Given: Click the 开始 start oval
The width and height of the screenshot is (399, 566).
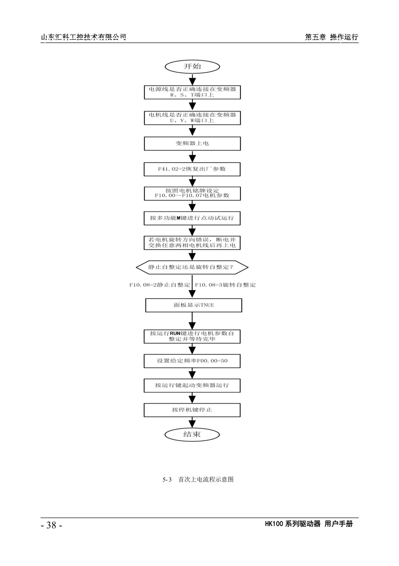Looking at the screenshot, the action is [x=192, y=67].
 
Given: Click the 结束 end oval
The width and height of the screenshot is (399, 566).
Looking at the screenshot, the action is [x=192, y=435].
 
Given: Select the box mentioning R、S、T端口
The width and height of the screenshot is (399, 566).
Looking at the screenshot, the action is [x=192, y=92].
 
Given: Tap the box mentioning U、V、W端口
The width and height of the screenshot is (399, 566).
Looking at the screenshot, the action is [x=192, y=118].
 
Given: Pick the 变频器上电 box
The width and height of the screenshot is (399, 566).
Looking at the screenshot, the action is [x=192, y=144].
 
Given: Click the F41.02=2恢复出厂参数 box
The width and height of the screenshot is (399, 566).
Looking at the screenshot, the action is [x=192, y=169].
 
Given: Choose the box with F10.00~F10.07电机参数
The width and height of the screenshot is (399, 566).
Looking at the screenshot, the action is [x=192, y=193].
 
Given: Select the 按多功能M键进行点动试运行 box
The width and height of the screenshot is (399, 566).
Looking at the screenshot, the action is [x=192, y=218].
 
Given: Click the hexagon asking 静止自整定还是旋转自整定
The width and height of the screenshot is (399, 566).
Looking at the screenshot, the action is [x=192, y=267].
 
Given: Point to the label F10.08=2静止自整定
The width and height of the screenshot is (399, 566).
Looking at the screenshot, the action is [x=160, y=285].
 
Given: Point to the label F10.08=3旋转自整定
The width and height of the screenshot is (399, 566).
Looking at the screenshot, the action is [x=225, y=285].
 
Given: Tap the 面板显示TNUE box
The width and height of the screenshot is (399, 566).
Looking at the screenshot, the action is [x=194, y=305].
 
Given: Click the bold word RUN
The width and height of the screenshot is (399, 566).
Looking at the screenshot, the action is [x=175, y=333].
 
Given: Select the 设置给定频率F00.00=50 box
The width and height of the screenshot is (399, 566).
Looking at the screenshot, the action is [x=192, y=361].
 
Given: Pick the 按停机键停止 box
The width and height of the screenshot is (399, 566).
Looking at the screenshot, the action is [x=192, y=410].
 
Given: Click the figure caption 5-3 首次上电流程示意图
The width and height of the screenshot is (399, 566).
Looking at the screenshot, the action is [x=198, y=480].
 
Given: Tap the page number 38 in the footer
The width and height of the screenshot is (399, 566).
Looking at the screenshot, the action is [x=51, y=525].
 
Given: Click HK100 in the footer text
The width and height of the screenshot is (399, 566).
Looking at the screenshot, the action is [x=274, y=524].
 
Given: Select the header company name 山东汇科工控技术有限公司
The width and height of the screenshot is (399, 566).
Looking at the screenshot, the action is [x=83, y=37].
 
